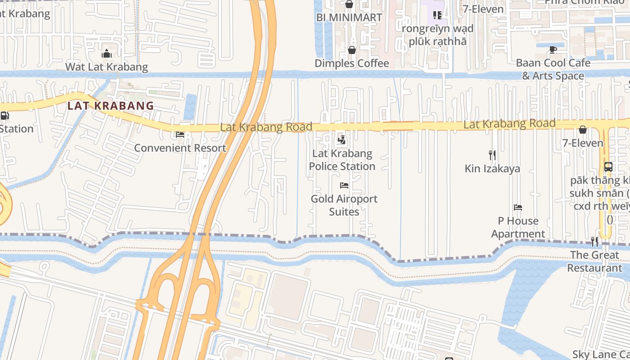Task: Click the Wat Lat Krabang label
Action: (x=107, y=67)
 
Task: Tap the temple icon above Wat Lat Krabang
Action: (x=107, y=54)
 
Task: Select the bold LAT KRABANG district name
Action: (x=111, y=106)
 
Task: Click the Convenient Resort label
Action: (x=180, y=148)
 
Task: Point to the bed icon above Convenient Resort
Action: (x=180, y=135)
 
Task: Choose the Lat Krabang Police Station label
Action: (x=342, y=160)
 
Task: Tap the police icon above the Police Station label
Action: (x=342, y=140)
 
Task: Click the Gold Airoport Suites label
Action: (x=344, y=205)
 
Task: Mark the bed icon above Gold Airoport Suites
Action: (x=344, y=185)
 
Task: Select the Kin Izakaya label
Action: (x=492, y=169)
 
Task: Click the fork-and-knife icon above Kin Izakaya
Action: (x=492, y=155)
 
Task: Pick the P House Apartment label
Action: (x=518, y=227)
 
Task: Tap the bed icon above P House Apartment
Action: (x=518, y=207)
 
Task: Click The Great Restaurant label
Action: (x=594, y=261)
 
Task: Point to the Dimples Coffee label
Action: (x=352, y=63)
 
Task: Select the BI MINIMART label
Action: (x=349, y=18)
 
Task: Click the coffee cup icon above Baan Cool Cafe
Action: (x=553, y=49)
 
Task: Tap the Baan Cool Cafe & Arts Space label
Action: (x=553, y=69)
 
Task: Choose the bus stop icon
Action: (x=608, y=167)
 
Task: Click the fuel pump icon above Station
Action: (x=4, y=116)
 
